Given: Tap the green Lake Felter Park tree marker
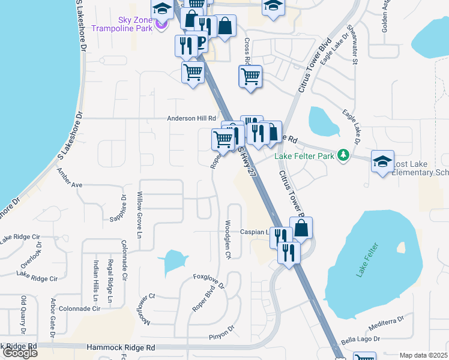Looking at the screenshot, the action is [343, 155].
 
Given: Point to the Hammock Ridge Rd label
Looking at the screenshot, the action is [121, 347].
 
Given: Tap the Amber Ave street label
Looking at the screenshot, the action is [69, 179].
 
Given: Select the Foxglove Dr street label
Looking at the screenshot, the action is [208, 280].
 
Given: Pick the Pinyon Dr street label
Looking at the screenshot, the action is [220, 332].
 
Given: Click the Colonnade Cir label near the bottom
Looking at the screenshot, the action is [80, 308].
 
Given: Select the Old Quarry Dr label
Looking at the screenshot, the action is [24, 315].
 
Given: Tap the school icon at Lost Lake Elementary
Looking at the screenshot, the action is [382, 161].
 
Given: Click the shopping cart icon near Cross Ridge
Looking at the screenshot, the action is [250, 76].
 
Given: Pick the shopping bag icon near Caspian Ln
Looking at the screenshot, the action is [301, 228].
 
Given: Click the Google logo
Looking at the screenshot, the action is [20, 353].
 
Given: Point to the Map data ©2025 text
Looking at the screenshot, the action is [423, 355].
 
